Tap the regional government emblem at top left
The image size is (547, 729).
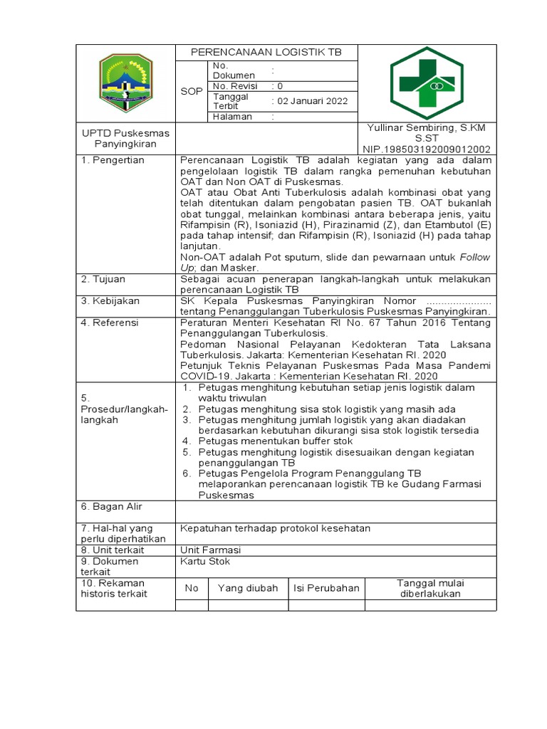pos(125,83)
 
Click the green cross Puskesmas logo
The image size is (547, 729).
pos(427,83)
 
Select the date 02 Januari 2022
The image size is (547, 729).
pos(313,101)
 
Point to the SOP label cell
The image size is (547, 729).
pos(191,91)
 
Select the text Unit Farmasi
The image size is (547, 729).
pos(211,550)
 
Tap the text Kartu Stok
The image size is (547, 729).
pos(205,561)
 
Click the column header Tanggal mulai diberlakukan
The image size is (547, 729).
pos(430,588)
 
